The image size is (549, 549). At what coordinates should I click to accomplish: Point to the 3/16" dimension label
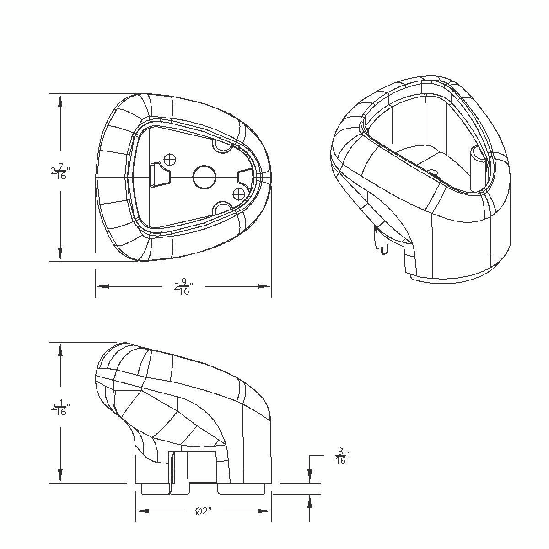[x=341, y=456]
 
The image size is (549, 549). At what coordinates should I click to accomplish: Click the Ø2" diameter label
[x=202, y=511]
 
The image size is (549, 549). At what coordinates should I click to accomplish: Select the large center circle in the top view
[x=205, y=177]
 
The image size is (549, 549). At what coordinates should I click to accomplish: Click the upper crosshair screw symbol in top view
[x=170, y=159]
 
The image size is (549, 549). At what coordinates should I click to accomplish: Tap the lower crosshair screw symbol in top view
[x=238, y=194]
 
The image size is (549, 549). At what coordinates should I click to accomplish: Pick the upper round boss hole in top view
[x=223, y=145]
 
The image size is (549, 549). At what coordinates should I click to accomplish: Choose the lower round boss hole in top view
[x=223, y=208]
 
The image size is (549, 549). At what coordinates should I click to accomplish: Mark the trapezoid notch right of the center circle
[x=245, y=177]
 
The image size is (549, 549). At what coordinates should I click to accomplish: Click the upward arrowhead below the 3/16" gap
[x=310, y=502]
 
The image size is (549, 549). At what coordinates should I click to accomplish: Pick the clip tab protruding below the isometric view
[x=380, y=240]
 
